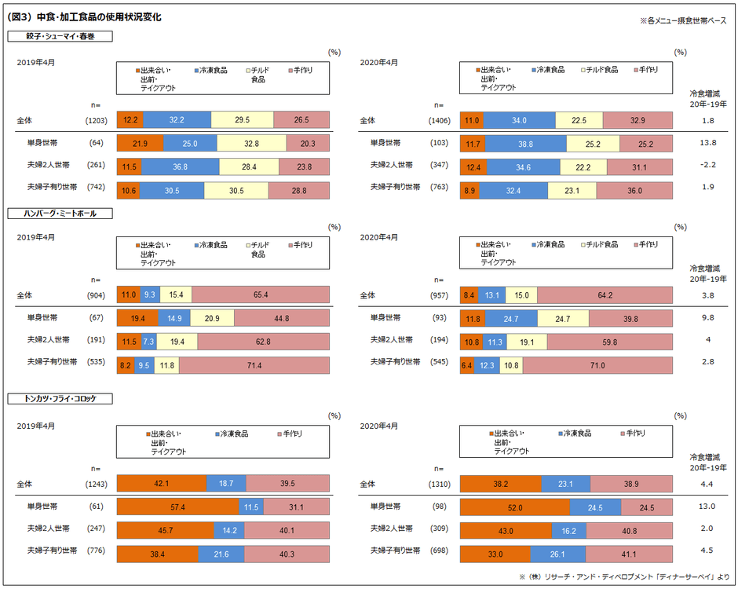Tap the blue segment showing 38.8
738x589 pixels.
pos(526,143)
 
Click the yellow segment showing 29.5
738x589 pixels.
pos(242,119)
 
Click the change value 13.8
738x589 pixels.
pos(707,143)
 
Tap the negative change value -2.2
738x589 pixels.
pos(707,165)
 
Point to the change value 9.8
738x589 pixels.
pos(707,317)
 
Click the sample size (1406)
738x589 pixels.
pos(440,121)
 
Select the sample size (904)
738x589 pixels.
pos(96,295)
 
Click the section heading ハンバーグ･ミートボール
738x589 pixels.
pos(60,213)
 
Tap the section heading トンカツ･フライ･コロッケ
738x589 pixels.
pos(60,398)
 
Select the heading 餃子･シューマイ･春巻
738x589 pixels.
pos(60,36)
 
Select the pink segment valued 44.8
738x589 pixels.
pos(282,318)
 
